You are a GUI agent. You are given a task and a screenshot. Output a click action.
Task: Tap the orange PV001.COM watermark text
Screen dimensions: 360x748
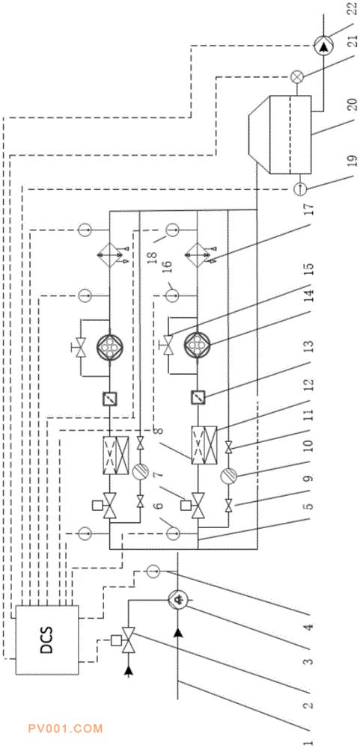coord(65,729)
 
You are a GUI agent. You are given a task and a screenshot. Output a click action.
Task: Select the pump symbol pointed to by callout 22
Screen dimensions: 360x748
coord(324,46)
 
